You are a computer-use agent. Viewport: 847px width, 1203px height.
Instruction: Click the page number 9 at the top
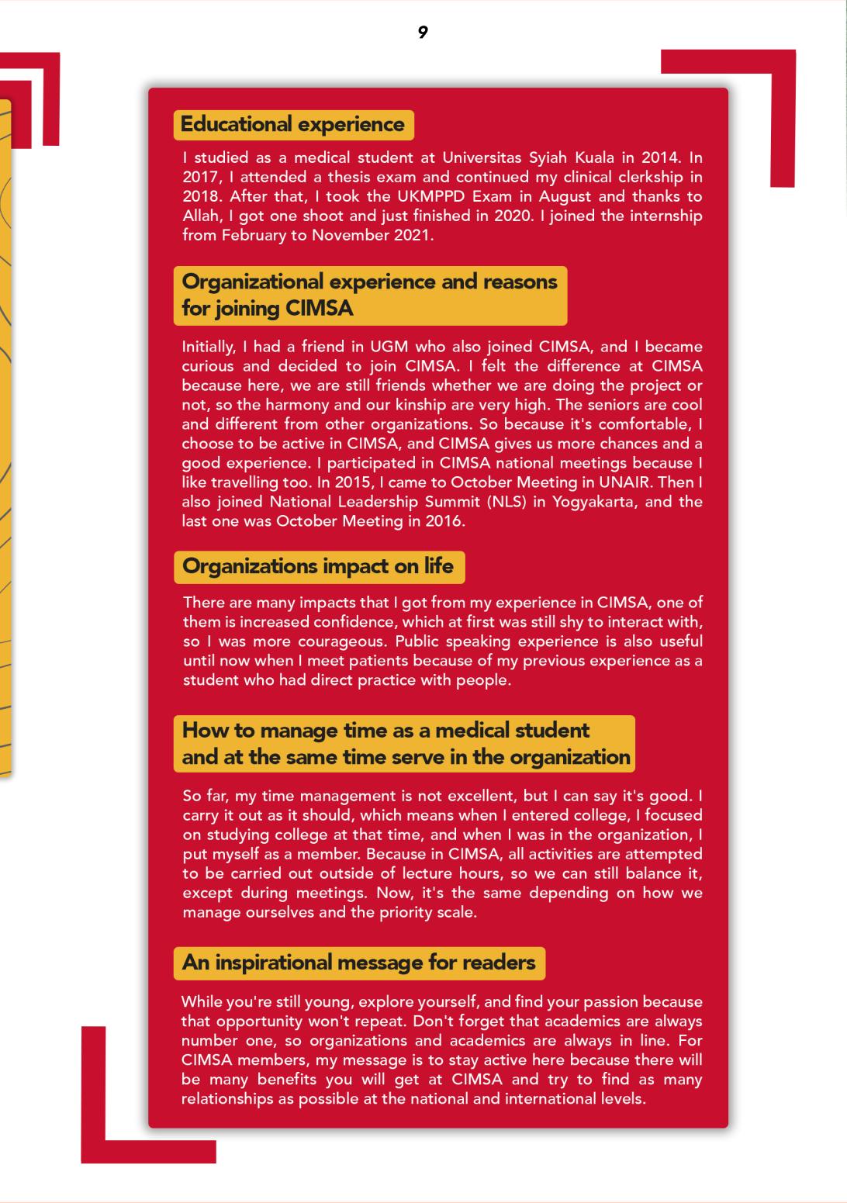[x=423, y=32]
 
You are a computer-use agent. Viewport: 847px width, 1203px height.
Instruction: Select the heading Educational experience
[x=292, y=124]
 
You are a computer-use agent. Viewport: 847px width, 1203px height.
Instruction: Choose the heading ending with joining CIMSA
[x=370, y=295]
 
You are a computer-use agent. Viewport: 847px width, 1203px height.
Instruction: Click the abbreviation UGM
[x=388, y=347]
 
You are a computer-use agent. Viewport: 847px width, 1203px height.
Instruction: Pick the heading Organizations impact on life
[x=318, y=566]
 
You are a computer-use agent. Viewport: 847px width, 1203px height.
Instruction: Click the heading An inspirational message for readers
[x=358, y=963]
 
